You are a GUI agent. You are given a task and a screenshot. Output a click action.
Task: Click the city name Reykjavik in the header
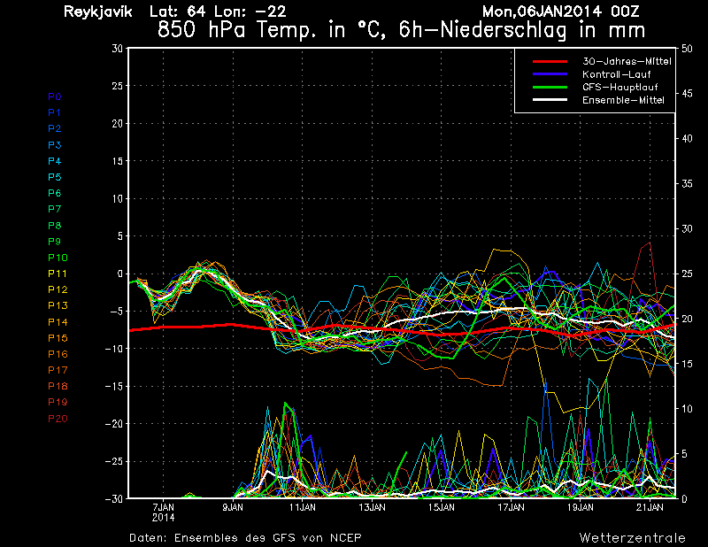pos(98,12)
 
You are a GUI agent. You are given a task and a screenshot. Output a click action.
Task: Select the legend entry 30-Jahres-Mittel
pos(627,61)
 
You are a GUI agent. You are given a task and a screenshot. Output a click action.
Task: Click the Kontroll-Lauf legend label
pos(616,74)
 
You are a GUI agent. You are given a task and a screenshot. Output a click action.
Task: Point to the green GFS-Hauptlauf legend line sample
pos(550,87)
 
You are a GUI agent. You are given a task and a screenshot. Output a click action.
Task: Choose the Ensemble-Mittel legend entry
pos(623,100)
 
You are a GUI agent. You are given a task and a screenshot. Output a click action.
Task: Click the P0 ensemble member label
pos(55,96)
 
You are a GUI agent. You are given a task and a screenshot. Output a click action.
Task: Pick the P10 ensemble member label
pos(58,258)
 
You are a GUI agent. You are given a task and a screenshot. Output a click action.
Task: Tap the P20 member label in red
pos(58,419)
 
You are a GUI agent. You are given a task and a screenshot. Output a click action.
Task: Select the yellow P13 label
pos(58,305)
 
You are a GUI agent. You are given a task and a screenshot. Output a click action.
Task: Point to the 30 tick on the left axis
pos(118,48)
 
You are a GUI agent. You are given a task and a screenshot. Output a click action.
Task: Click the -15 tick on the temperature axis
pos(114,386)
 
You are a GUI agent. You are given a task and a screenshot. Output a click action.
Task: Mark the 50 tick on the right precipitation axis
pos(687,49)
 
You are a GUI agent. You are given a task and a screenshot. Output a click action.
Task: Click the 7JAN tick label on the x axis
pos(163,507)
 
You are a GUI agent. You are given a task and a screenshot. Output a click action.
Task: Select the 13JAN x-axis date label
pos(372,507)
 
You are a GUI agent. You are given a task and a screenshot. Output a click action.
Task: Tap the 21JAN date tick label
pos(650,507)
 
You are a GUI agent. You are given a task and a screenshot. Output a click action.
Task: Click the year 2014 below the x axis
pos(163,518)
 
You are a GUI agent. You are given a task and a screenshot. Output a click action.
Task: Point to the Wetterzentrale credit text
pos(632,537)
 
